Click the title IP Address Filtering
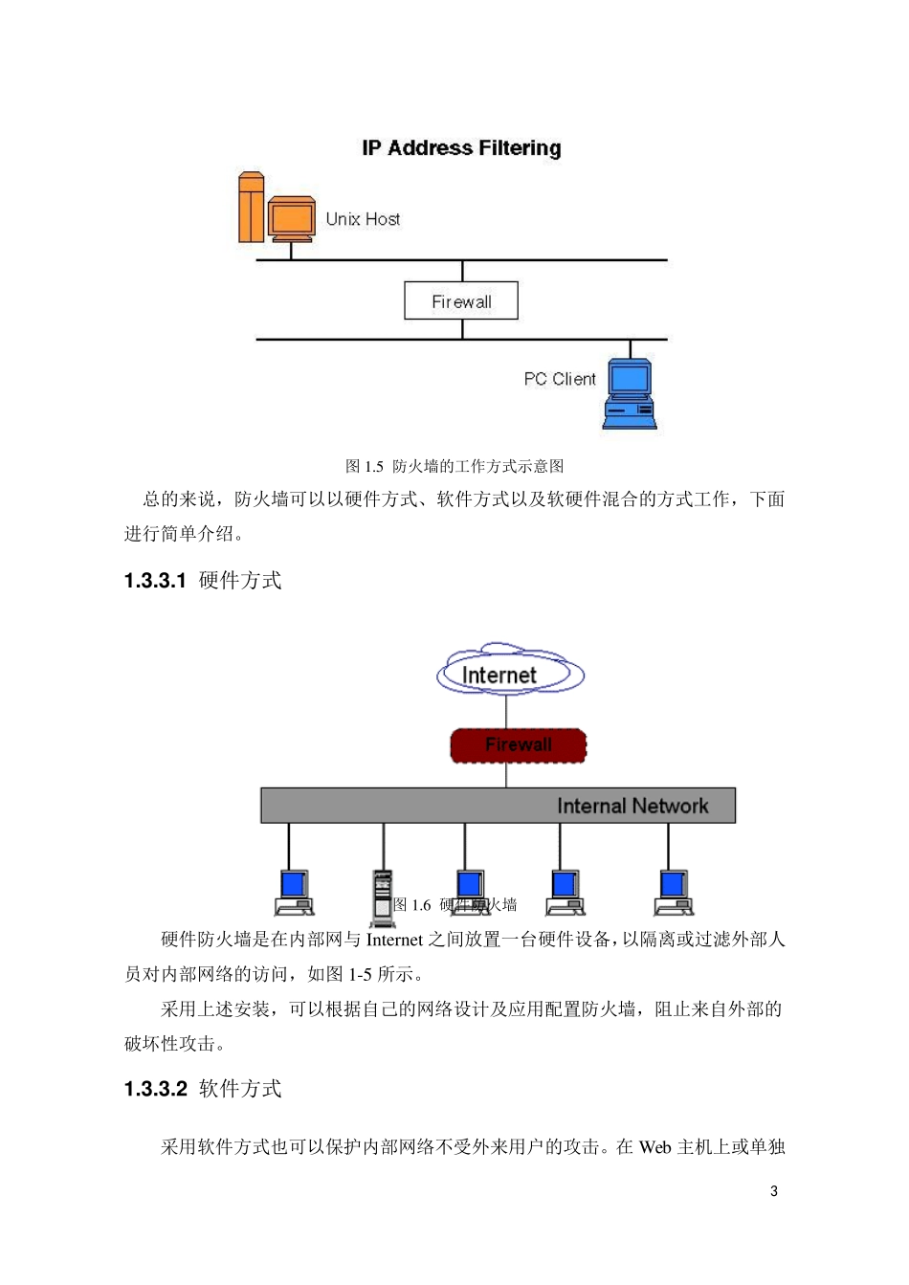point(461,148)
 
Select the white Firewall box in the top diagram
point(461,300)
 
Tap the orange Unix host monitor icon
point(291,219)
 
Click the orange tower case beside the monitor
point(251,208)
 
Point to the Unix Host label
point(363,219)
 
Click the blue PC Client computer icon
point(630,393)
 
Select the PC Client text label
point(559,379)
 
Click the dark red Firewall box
point(518,745)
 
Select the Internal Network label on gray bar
point(632,806)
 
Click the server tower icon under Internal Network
point(383,897)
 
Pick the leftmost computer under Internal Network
point(294,892)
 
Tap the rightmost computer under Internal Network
point(674,892)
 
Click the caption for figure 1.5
point(454,466)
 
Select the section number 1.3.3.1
point(155,581)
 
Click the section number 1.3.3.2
point(155,1089)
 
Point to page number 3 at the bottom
point(774,1191)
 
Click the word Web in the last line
point(655,1147)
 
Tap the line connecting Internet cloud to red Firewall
point(506,712)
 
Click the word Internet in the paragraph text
point(393,940)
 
